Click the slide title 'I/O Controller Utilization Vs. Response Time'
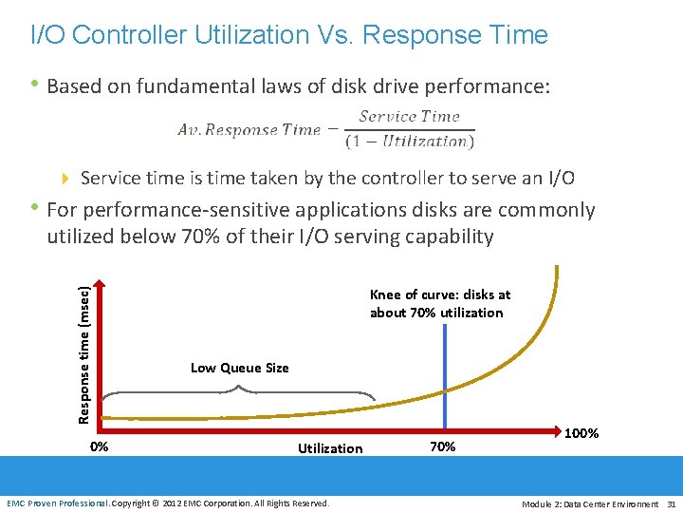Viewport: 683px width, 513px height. click(x=289, y=35)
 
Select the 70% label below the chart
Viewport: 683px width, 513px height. click(x=443, y=446)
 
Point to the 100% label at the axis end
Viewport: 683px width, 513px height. click(x=581, y=433)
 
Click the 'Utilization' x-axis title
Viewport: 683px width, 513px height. click(x=330, y=447)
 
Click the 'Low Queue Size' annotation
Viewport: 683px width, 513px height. click(x=239, y=368)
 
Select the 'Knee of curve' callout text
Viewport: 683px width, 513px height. click(x=439, y=303)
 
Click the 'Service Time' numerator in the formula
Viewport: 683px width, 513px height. click(x=409, y=117)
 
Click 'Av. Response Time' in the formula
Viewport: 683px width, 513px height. click(x=249, y=130)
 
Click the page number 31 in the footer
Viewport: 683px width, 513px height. click(x=671, y=503)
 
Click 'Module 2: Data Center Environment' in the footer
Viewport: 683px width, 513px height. click(x=590, y=503)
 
